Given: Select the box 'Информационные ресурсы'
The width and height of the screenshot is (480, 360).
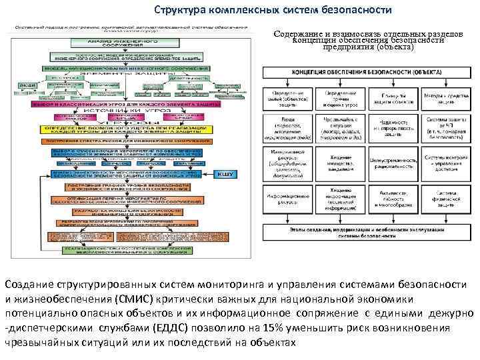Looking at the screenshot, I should coord(287,198).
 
